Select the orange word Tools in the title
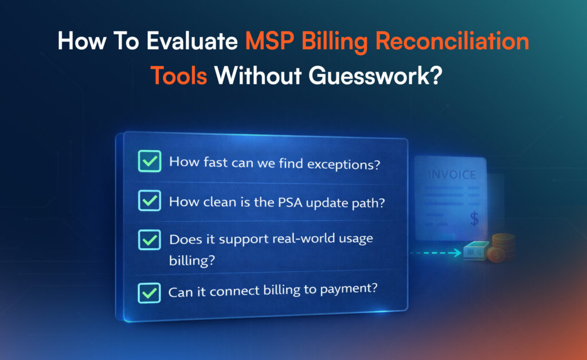178,75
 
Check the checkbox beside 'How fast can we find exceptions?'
149,162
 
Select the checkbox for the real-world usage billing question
149,240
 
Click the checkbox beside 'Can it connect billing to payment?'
149,292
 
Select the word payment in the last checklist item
350,289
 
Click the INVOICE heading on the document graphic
453,175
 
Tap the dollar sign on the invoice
474,218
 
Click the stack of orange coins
502,246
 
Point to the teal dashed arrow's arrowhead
458,252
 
